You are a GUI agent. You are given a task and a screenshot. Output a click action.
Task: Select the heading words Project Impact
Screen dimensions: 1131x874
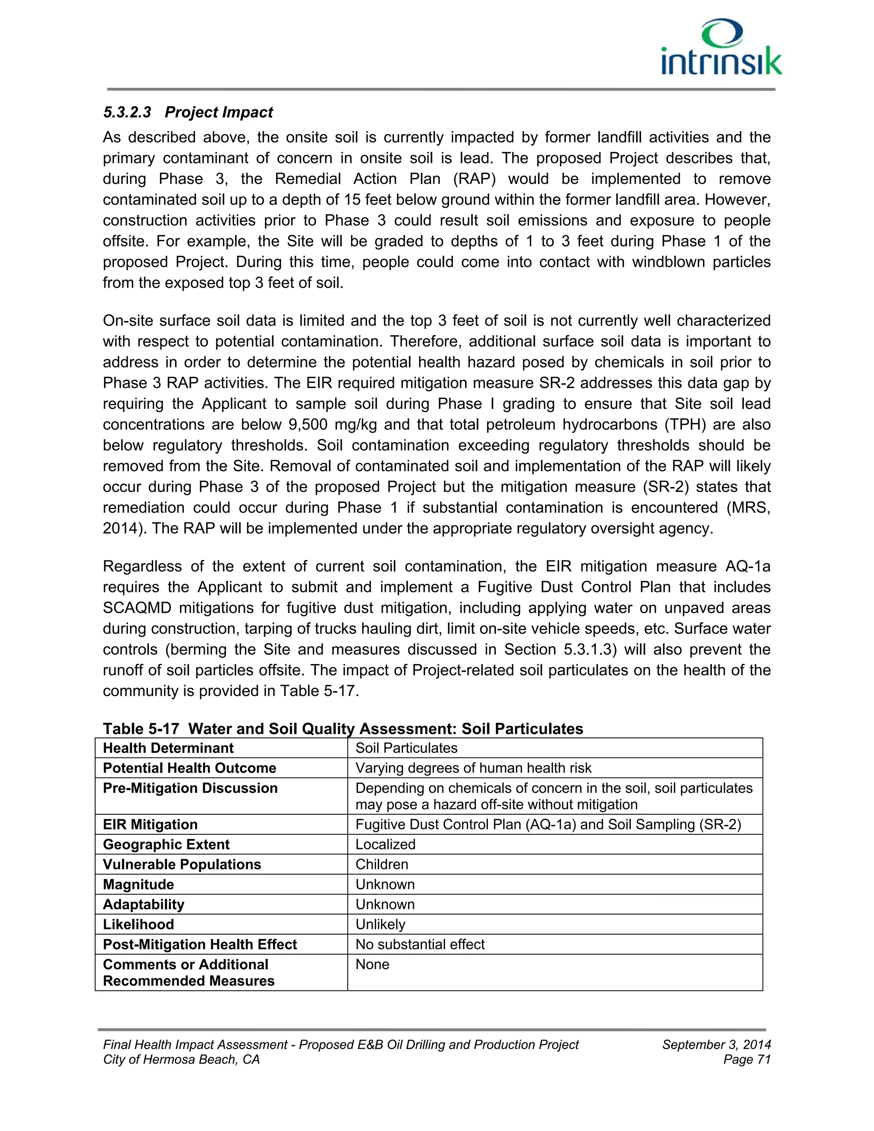pos(219,112)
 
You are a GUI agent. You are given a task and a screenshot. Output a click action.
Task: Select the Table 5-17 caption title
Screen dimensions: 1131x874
pos(343,729)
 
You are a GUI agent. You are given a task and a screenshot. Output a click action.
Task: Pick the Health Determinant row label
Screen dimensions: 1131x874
pos(168,748)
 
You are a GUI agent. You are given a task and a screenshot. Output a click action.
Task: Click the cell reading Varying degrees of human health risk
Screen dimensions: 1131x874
pos(473,768)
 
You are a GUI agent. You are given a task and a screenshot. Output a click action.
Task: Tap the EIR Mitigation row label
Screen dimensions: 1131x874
pos(150,825)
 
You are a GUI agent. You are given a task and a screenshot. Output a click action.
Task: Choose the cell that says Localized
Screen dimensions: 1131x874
pos(385,845)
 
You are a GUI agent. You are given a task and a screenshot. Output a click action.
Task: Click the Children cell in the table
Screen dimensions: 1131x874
pos(382,864)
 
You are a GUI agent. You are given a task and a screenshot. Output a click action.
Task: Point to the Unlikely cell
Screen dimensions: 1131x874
pos(380,924)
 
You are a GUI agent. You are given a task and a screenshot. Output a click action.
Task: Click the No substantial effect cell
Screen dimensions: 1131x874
pos(420,944)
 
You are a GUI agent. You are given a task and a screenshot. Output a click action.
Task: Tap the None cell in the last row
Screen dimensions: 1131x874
pos(372,964)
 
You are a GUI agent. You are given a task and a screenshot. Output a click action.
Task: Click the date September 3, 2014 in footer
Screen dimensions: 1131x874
pos(716,1044)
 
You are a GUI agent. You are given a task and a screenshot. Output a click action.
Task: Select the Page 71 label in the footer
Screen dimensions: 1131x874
pos(747,1060)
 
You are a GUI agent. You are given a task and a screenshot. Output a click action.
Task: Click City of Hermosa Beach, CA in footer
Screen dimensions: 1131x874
pos(181,1060)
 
